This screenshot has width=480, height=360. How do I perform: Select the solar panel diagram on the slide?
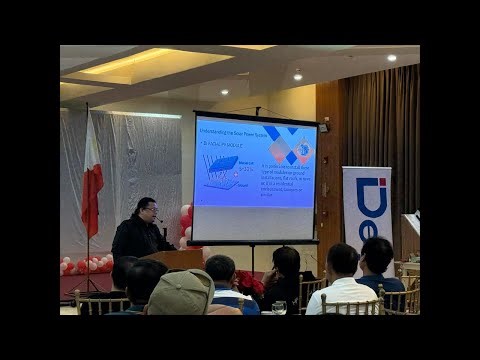click(x=221, y=170)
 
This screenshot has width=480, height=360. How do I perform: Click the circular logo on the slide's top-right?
click(x=299, y=150)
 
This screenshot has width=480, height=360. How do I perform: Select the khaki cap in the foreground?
click(x=181, y=291)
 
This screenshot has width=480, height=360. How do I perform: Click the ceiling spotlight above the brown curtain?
click(x=391, y=58)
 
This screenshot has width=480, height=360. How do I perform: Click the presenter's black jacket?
click(x=139, y=240)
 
